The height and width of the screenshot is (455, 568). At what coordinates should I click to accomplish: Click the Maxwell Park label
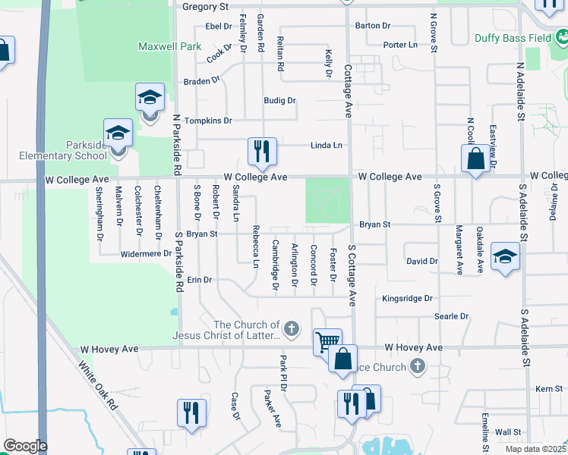pos(169,46)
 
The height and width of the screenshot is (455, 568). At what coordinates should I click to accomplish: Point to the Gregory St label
pos(206,7)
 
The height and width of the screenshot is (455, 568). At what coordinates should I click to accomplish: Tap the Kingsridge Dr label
pos(408,299)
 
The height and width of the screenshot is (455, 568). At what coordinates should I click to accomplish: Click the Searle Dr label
pos(451,316)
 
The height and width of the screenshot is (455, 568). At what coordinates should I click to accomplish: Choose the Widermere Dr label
pos(147,254)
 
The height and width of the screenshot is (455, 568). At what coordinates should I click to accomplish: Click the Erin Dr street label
pos(199,280)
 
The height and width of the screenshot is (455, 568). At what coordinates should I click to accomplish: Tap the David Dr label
pos(422,261)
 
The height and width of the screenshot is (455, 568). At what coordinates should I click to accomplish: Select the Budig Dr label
pos(279,100)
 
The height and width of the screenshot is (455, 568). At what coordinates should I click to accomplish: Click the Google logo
pos(25,446)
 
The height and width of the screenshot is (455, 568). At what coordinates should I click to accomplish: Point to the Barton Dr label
pos(372,26)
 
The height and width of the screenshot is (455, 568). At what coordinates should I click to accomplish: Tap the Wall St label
pos(507,431)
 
